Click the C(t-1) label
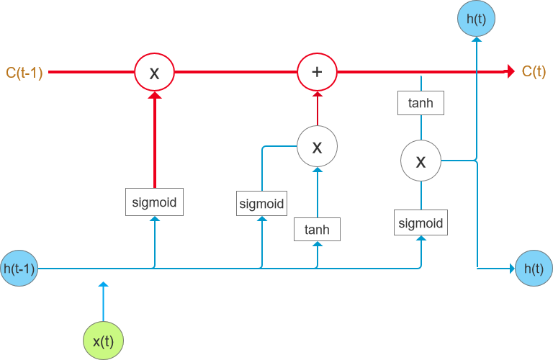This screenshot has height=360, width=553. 24,72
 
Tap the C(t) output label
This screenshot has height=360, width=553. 534,71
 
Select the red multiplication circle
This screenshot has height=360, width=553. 155,72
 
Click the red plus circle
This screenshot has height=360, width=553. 318,72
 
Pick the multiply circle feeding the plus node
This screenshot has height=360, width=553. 317,147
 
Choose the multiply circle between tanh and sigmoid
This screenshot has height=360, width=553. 421,161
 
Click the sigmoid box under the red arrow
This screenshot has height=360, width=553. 154,202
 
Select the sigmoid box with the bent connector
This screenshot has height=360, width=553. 261,203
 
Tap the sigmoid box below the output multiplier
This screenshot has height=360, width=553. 421,222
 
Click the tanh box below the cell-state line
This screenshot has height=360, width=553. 421,103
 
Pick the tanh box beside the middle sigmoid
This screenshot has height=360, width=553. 317,230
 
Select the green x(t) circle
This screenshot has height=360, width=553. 103,339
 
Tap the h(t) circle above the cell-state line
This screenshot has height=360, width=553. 475,19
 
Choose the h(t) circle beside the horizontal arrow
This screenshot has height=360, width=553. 534,269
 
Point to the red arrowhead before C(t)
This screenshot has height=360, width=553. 511,71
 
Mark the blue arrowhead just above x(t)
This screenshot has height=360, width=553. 103,287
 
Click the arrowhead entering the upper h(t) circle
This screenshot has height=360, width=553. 475,42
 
